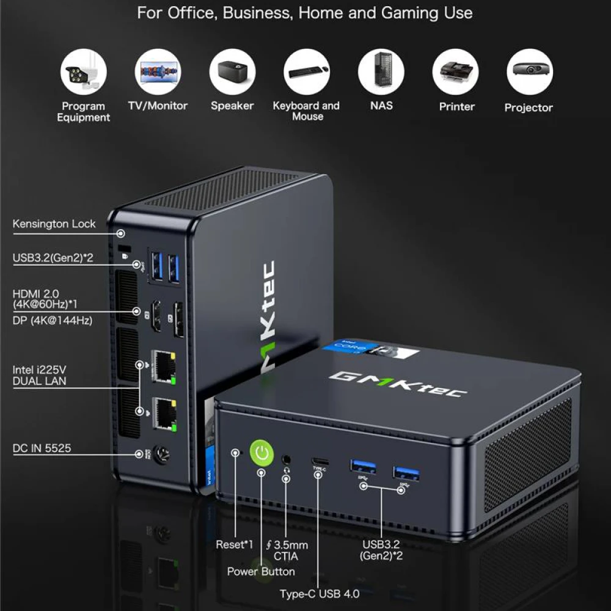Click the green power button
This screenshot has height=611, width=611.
tap(262, 453)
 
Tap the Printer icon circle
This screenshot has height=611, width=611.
tap(456, 71)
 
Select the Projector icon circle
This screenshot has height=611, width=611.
tap(530, 71)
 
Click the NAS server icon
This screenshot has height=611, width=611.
tap(381, 71)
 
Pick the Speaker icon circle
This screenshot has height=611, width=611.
tap(232, 71)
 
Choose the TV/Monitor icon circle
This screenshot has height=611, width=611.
tap(158, 71)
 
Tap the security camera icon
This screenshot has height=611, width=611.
tap(83, 71)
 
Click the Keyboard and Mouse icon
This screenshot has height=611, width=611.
tap(307, 71)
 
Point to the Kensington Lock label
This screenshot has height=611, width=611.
tap(54, 224)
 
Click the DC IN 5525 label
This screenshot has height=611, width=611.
tap(42, 448)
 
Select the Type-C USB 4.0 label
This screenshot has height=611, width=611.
tap(320, 594)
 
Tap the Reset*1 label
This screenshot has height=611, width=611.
tap(234, 544)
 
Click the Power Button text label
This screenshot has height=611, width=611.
tap(261, 572)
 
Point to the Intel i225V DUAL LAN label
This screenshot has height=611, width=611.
tap(39, 375)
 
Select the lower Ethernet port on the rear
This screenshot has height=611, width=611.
tap(164, 414)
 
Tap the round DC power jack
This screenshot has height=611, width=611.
tap(161, 455)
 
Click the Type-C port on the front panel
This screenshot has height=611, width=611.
tap(320, 462)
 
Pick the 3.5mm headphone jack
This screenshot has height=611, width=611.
tap(287, 460)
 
